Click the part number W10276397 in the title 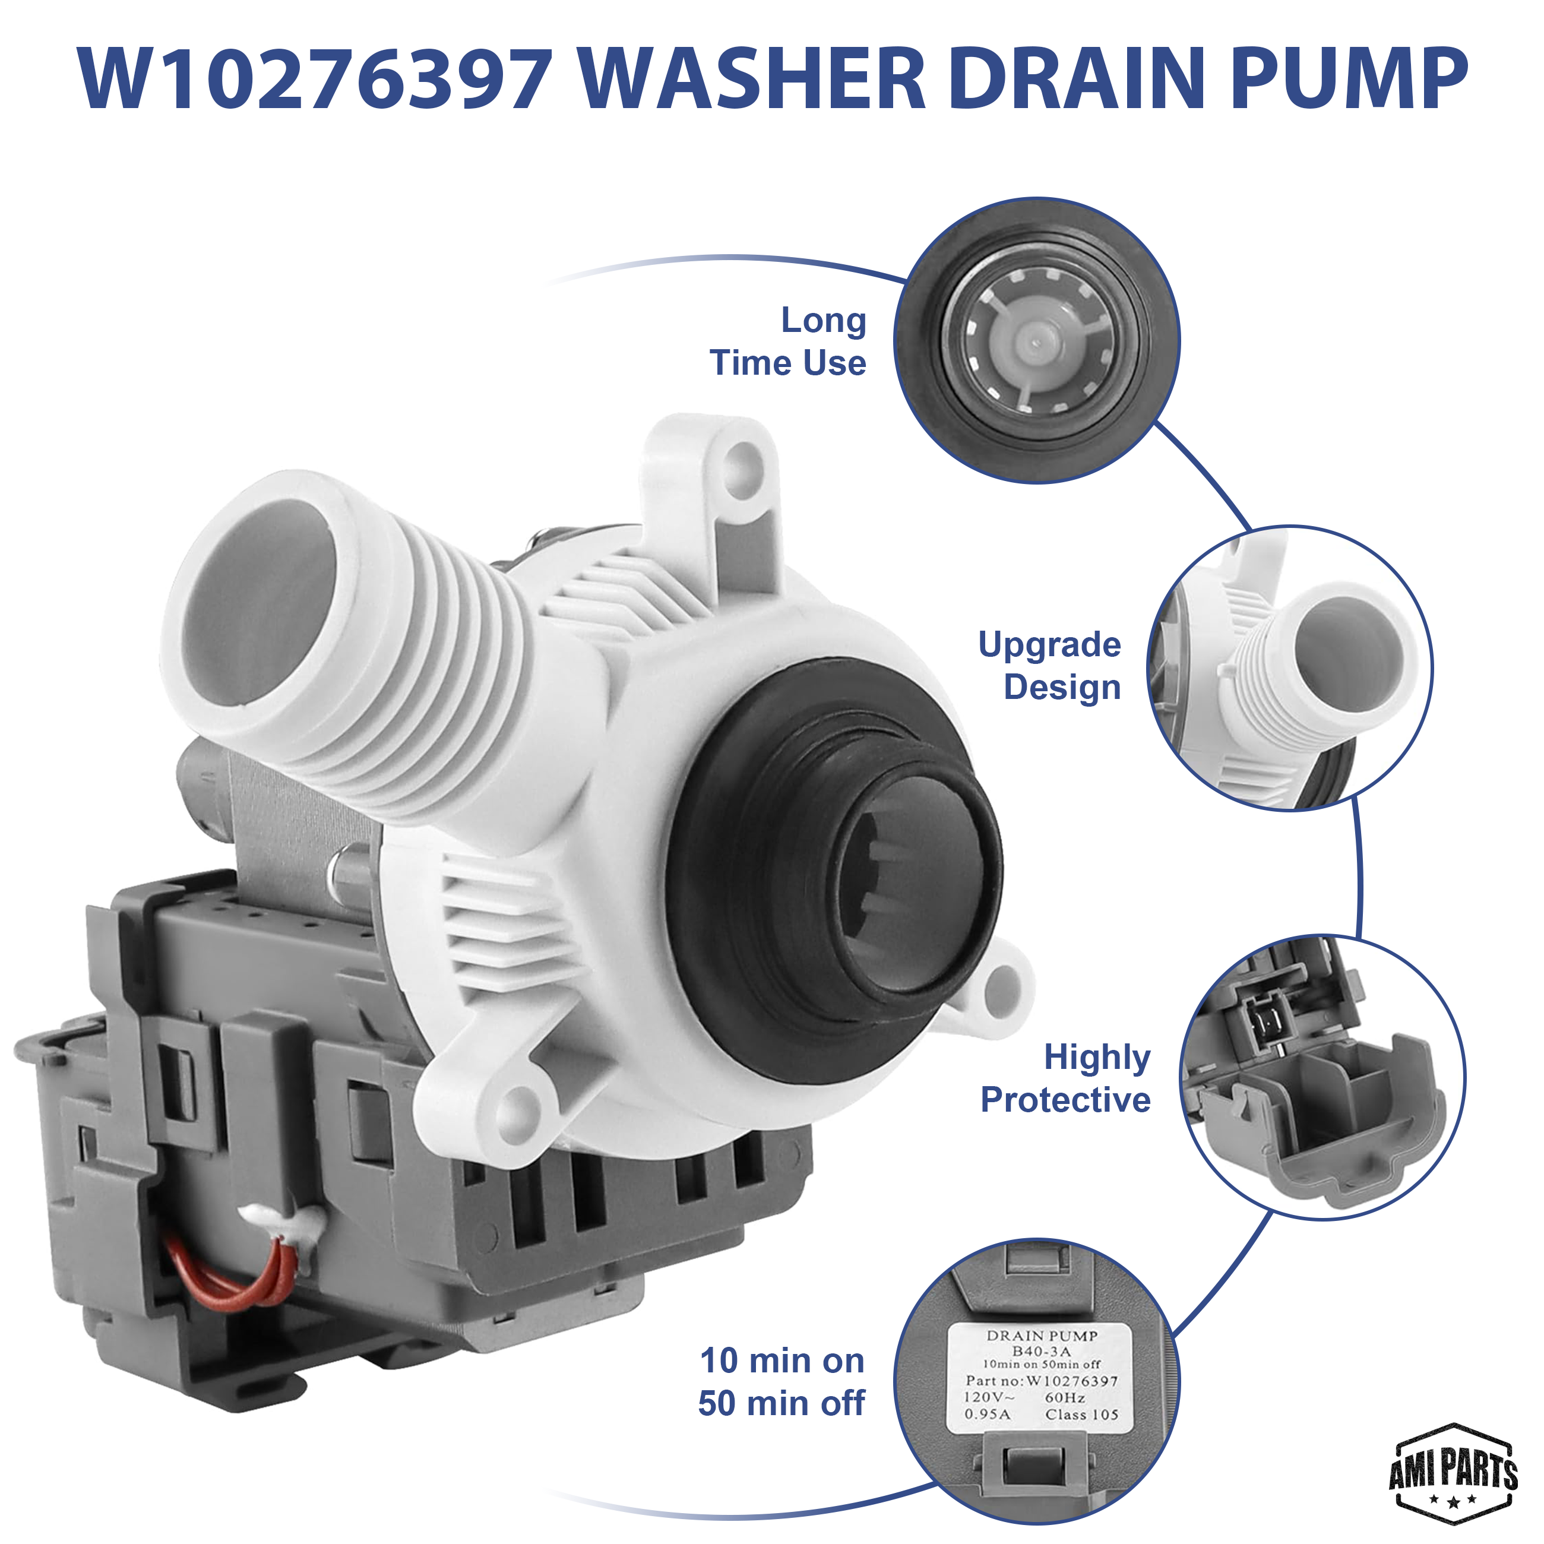click(x=315, y=79)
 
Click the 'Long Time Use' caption click(x=788, y=341)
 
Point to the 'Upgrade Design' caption click(x=1049, y=666)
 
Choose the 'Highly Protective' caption click(x=1065, y=1078)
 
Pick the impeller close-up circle click(x=1036, y=340)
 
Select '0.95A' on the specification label click(x=987, y=1414)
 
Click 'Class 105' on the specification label click(x=1081, y=1414)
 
